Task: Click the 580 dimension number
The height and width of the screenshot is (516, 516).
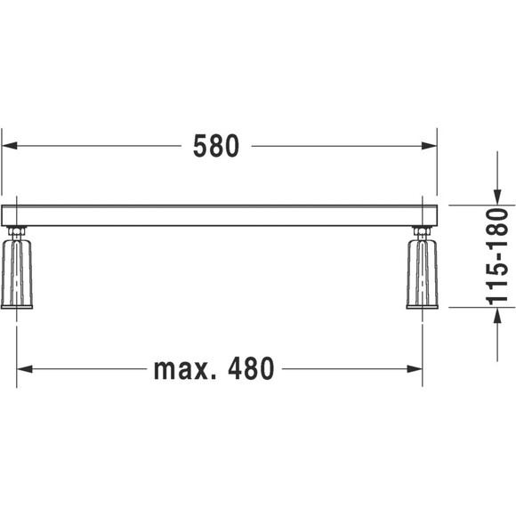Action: click(216, 146)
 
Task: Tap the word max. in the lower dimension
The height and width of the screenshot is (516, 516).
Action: click(181, 369)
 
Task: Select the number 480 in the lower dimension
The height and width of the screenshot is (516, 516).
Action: click(251, 368)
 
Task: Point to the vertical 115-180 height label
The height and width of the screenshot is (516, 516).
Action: click(497, 256)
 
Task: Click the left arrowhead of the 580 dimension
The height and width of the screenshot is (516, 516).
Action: click(9, 145)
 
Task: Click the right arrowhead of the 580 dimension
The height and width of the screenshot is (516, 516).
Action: click(430, 145)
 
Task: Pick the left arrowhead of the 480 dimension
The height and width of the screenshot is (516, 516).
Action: click(24, 369)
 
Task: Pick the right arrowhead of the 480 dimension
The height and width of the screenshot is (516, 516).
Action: click(415, 369)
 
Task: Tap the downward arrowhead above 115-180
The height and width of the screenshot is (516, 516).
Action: click(497, 198)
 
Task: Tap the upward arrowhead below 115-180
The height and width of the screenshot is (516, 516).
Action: click(497, 316)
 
